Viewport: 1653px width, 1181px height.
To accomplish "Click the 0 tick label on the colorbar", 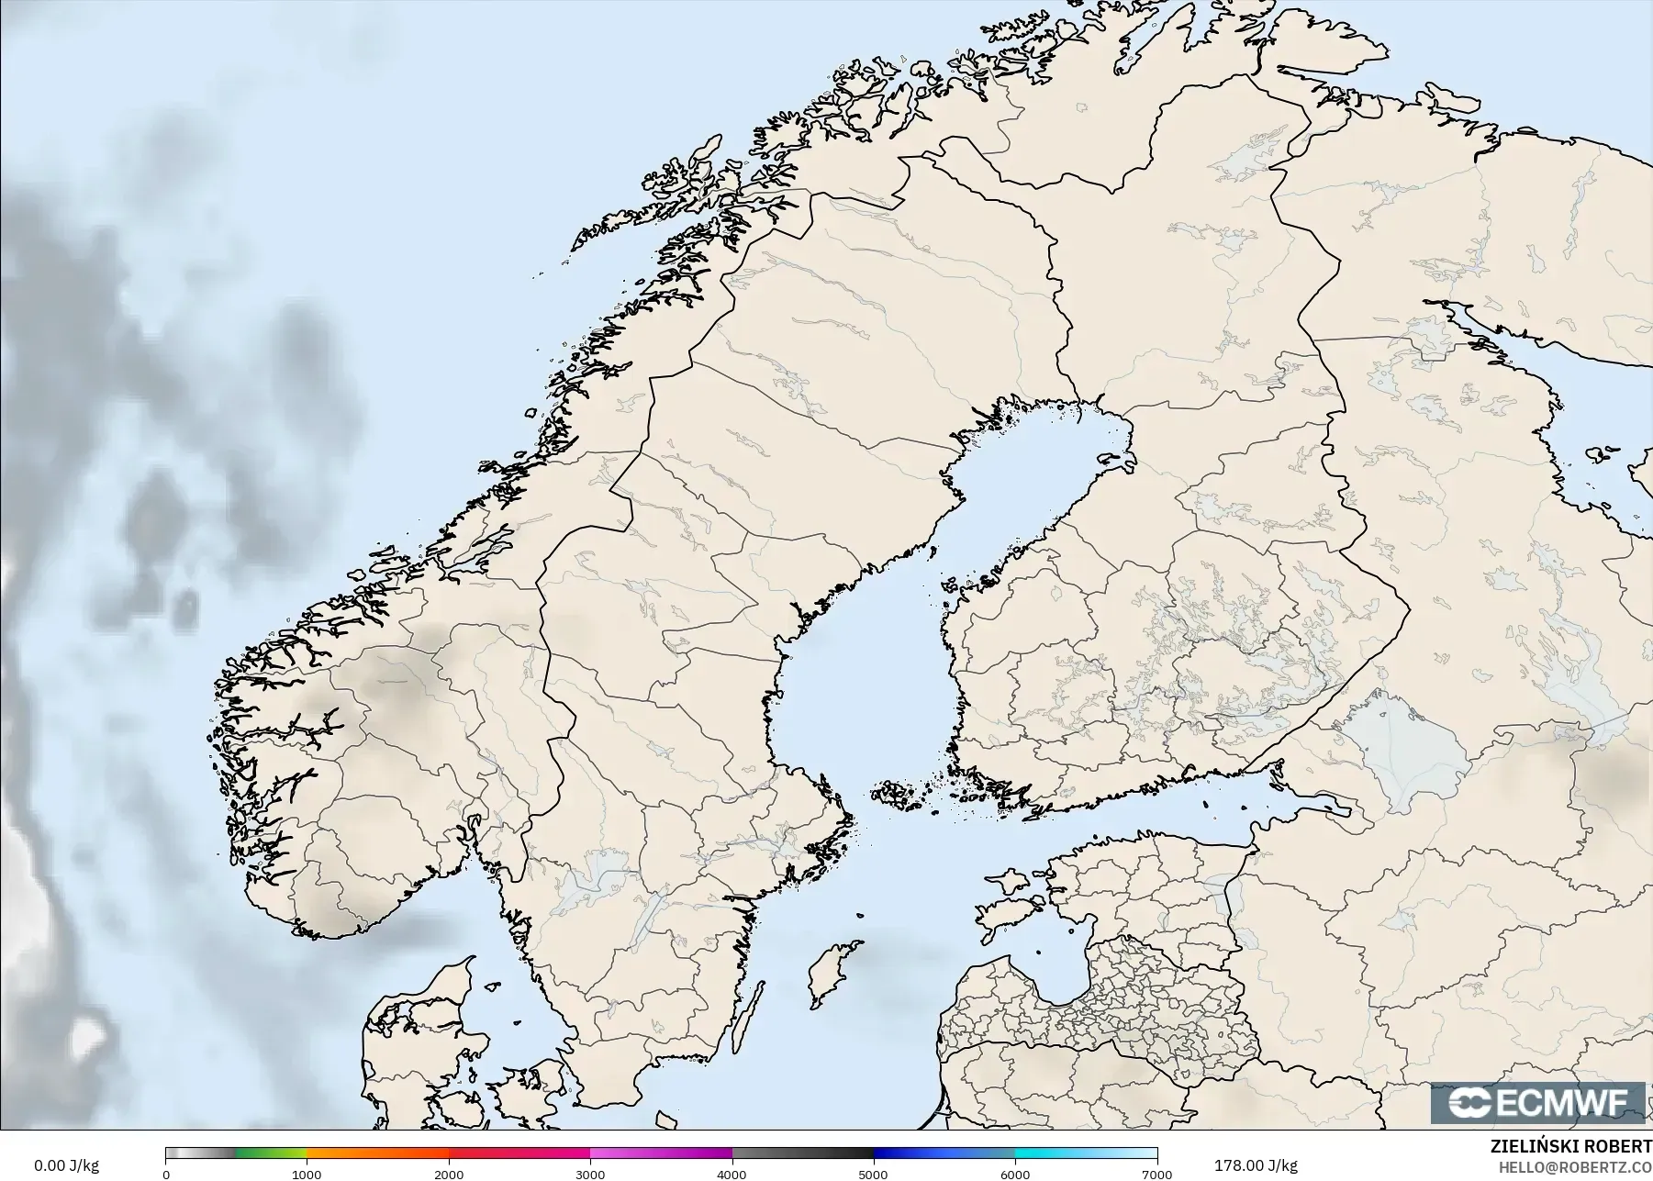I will (x=166, y=1174).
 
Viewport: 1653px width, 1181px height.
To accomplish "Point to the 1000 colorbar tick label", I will (x=307, y=1174).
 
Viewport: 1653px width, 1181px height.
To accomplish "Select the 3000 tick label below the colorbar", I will (x=590, y=1174).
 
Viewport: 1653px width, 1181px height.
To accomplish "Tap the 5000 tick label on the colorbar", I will (x=873, y=1174).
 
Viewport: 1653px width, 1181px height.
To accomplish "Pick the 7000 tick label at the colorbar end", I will (x=1156, y=1174).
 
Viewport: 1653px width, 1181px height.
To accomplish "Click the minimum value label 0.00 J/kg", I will (x=66, y=1165).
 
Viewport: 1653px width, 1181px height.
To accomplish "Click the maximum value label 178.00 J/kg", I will (x=1256, y=1165).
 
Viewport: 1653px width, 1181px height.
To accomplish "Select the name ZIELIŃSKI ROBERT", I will (x=1570, y=1147).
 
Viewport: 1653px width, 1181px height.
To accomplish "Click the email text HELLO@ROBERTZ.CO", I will (x=1575, y=1167).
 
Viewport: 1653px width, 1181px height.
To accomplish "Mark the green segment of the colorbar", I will (x=271, y=1153).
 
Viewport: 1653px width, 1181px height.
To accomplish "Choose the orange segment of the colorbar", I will (x=376, y=1153).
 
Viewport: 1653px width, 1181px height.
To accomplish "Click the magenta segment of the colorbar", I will (x=661, y=1153).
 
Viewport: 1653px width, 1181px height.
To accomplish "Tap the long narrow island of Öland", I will (x=750, y=1019).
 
